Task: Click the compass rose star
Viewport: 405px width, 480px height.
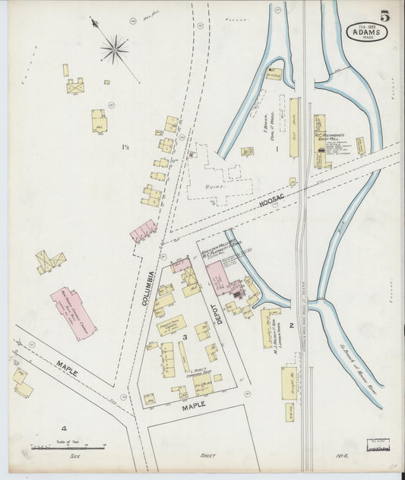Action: [115, 50]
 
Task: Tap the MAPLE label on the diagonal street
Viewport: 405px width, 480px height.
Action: [66, 371]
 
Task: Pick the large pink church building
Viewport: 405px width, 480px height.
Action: [74, 311]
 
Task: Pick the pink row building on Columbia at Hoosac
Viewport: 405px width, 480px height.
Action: [144, 231]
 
